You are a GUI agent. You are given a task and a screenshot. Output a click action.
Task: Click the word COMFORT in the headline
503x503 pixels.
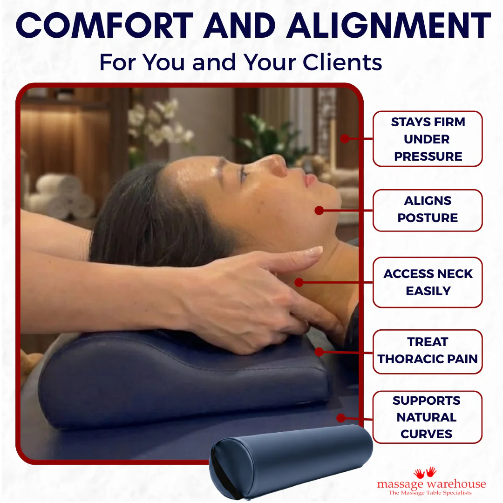click(x=105, y=25)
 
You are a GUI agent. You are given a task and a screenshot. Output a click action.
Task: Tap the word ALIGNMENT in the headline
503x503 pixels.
click(x=388, y=25)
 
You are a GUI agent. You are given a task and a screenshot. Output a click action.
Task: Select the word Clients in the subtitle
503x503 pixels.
click(x=342, y=62)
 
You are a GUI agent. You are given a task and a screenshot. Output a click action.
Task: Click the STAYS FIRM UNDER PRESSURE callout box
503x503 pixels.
click(x=428, y=139)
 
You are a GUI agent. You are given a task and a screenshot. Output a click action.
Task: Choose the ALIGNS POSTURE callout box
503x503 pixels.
click(x=428, y=211)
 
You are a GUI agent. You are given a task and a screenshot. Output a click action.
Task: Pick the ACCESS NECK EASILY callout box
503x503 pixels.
click(x=428, y=282)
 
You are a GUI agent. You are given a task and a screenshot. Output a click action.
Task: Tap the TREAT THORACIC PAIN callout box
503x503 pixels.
click(x=428, y=352)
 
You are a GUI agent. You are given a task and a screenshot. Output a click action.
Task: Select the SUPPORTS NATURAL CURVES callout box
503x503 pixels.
click(x=428, y=417)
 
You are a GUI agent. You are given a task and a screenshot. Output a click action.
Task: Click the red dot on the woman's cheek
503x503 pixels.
click(x=319, y=211)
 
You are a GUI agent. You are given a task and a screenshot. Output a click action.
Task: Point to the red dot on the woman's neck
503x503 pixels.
click(x=299, y=282)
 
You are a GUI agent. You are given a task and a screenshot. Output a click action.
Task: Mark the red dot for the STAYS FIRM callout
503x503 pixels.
click(x=345, y=139)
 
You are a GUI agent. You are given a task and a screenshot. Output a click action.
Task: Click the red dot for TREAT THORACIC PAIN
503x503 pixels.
click(x=319, y=352)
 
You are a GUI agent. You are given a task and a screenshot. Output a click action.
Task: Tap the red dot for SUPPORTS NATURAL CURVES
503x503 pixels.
click(x=341, y=418)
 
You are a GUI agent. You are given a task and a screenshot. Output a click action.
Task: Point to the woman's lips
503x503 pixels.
click(x=310, y=180)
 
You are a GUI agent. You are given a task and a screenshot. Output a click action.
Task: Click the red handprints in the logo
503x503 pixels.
click(x=425, y=472)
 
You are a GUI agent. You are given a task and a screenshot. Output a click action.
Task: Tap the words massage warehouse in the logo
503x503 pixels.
click(x=431, y=483)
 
